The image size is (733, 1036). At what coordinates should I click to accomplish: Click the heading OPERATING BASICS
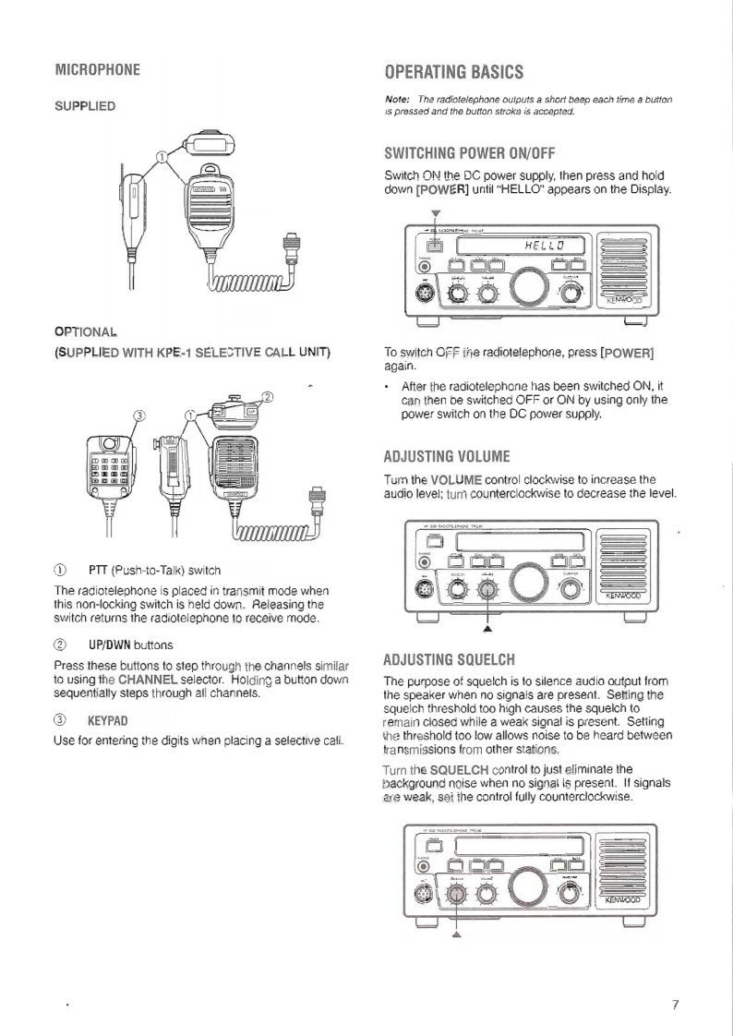453,72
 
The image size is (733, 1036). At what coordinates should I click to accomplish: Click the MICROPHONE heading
97,70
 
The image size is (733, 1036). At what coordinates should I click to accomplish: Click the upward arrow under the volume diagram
487,630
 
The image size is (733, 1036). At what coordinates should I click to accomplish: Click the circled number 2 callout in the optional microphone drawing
269,397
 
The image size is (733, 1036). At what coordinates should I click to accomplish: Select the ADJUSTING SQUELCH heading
449,661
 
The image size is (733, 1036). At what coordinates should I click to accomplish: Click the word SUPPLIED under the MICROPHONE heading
84,106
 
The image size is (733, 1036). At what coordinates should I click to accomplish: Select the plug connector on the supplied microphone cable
293,248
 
